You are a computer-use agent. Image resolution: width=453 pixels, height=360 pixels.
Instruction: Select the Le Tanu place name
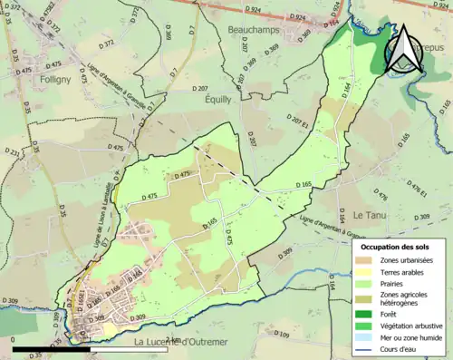(371, 215)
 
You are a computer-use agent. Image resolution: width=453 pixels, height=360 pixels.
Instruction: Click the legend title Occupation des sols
(396, 246)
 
